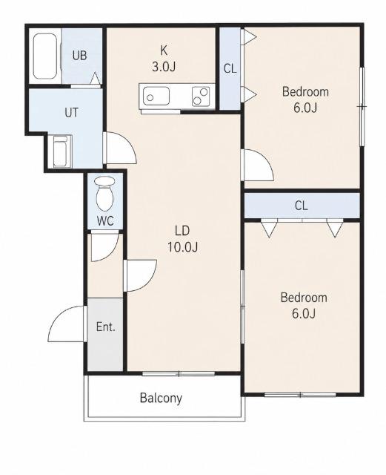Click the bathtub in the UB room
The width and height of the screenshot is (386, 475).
pos(45,56)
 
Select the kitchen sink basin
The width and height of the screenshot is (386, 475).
pos(156,96)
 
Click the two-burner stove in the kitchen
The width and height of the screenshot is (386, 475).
pos(201,96)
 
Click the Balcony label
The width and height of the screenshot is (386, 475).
pos(161,398)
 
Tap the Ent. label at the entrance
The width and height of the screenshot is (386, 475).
pos(106,327)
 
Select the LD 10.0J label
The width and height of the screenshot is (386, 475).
pos(182,239)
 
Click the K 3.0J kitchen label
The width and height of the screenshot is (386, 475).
pos(164,59)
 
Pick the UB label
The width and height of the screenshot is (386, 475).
pos(80,56)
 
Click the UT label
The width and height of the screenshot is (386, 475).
pos(71,113)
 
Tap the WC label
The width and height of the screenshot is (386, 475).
pos(105,221)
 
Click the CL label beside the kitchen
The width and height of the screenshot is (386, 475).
pos(230,69)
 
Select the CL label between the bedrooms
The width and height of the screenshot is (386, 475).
pos(302,206)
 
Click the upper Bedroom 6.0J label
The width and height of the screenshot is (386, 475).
pos(305,99)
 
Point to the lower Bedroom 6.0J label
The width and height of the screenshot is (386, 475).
pos(304,305)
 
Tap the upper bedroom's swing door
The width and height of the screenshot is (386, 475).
pos(265,160)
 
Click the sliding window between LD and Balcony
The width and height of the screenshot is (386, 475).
pos(179,374)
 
